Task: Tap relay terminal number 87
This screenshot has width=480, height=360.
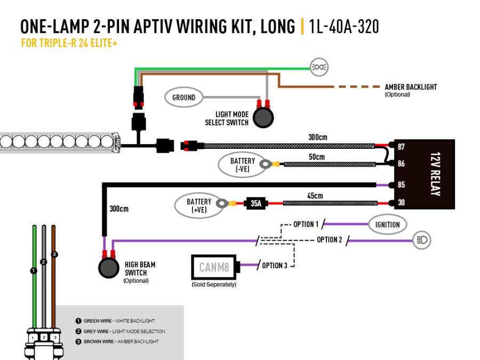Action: [x=401, y=147]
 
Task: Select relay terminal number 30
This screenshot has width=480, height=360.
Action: [x=401, y=203]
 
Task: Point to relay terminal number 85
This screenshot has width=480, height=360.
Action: [x=401, y=185]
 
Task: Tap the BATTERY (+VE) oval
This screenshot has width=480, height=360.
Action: [x=199, y=206]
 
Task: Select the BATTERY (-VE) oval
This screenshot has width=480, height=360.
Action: [x=243, y=165]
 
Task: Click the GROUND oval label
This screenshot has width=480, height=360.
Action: [x=183, y=98]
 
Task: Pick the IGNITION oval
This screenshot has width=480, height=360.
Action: [x=387, y=225]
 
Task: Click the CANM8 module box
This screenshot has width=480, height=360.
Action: [x=214, y=267]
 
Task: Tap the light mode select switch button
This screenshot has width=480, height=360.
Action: [x=263, y=117]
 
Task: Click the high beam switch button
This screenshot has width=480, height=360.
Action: [x=109, y=268]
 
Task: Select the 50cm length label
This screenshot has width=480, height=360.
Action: [x=316, y=157]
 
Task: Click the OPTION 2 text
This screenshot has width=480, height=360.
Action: [x=329, y=239]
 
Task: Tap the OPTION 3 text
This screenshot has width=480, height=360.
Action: [x=276, y=266]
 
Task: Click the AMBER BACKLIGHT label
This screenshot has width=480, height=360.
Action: [x=410, y=87]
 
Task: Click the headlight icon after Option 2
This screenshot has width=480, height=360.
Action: [x=422, y=241]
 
